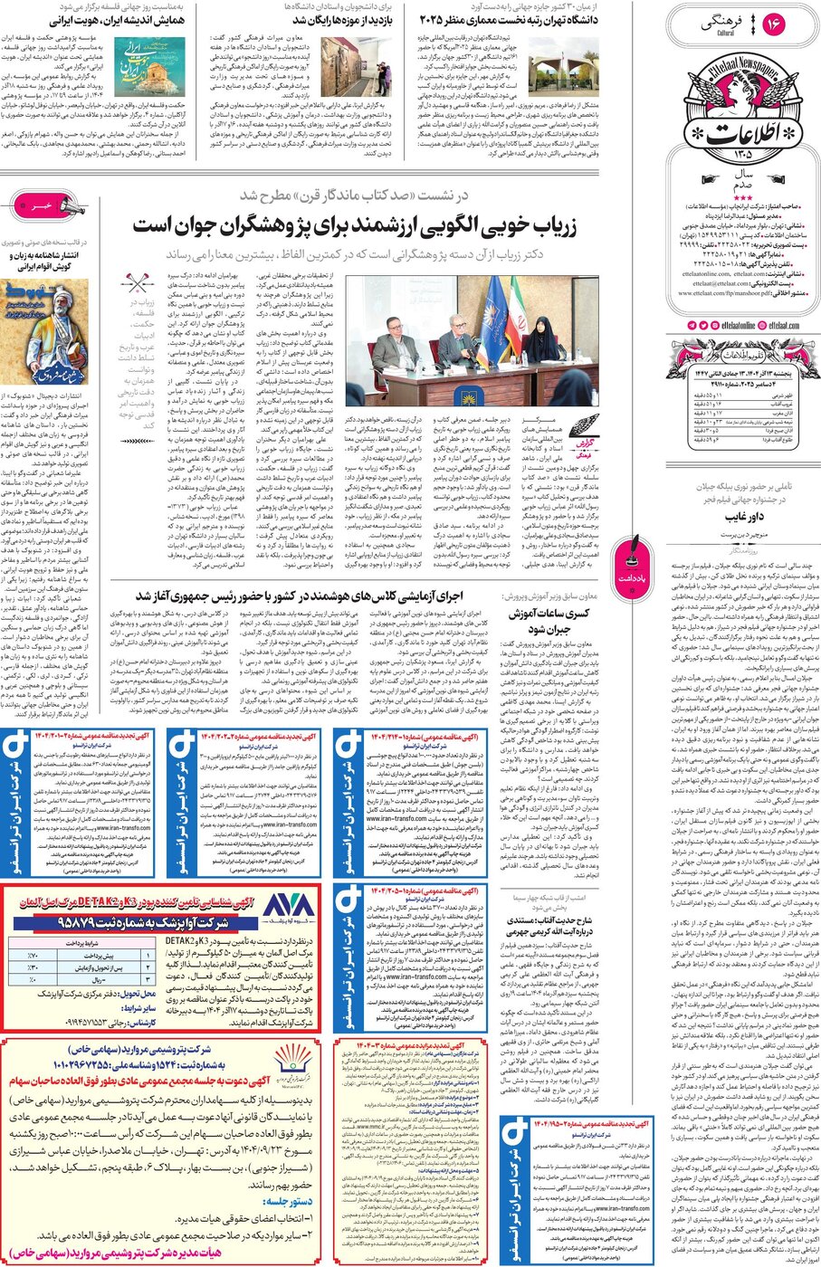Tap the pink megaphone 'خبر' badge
click(x=37, y=206)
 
